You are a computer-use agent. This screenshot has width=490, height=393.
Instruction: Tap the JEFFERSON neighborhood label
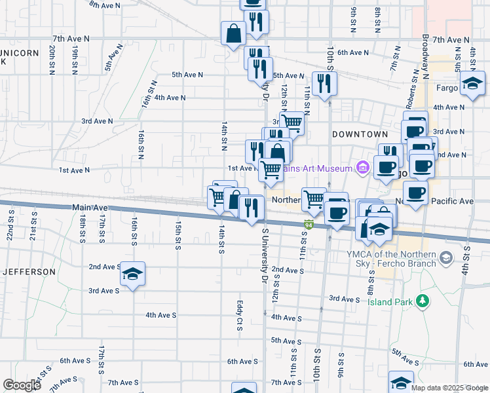pos(29,271)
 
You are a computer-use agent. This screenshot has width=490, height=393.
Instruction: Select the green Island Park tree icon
pos(424,301)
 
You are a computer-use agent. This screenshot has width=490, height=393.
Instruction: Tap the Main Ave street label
pos(89,208)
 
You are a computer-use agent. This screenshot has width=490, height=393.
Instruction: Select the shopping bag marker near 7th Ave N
pos(233,33)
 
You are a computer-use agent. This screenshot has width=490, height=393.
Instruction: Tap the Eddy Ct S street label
pos(240,315)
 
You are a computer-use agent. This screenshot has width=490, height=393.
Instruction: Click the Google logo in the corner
pos(22,385)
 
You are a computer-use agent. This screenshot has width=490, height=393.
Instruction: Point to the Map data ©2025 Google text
pos(449,388)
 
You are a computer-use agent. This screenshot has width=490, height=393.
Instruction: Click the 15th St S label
pos(178,235)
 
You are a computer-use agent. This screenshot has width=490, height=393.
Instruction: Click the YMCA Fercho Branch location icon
pos(447,258)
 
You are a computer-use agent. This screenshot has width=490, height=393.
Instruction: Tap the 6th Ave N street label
pos(354,52)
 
